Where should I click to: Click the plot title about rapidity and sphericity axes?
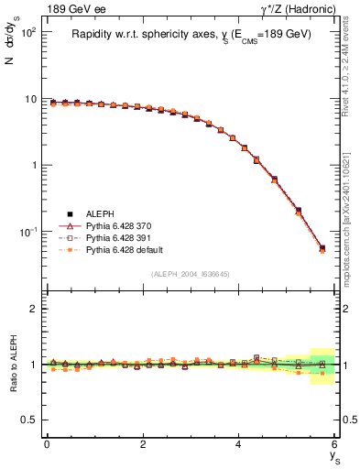click(x=191, y=34)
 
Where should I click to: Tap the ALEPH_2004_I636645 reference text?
click(x=191, y=274)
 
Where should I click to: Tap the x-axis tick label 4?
click(x=239, y=444)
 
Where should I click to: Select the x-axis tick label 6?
click(x=335, y=444)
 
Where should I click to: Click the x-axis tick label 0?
click(x=47, y=444)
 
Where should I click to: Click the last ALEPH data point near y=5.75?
click(x=322, y=247)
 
